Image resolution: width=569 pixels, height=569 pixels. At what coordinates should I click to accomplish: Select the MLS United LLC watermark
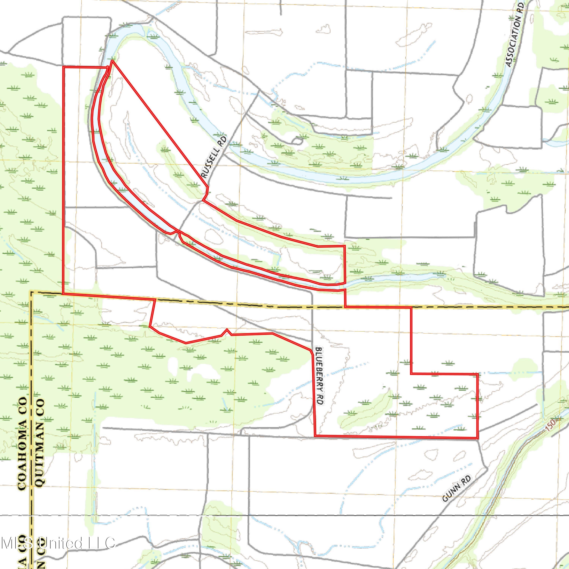tap(57, 542)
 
